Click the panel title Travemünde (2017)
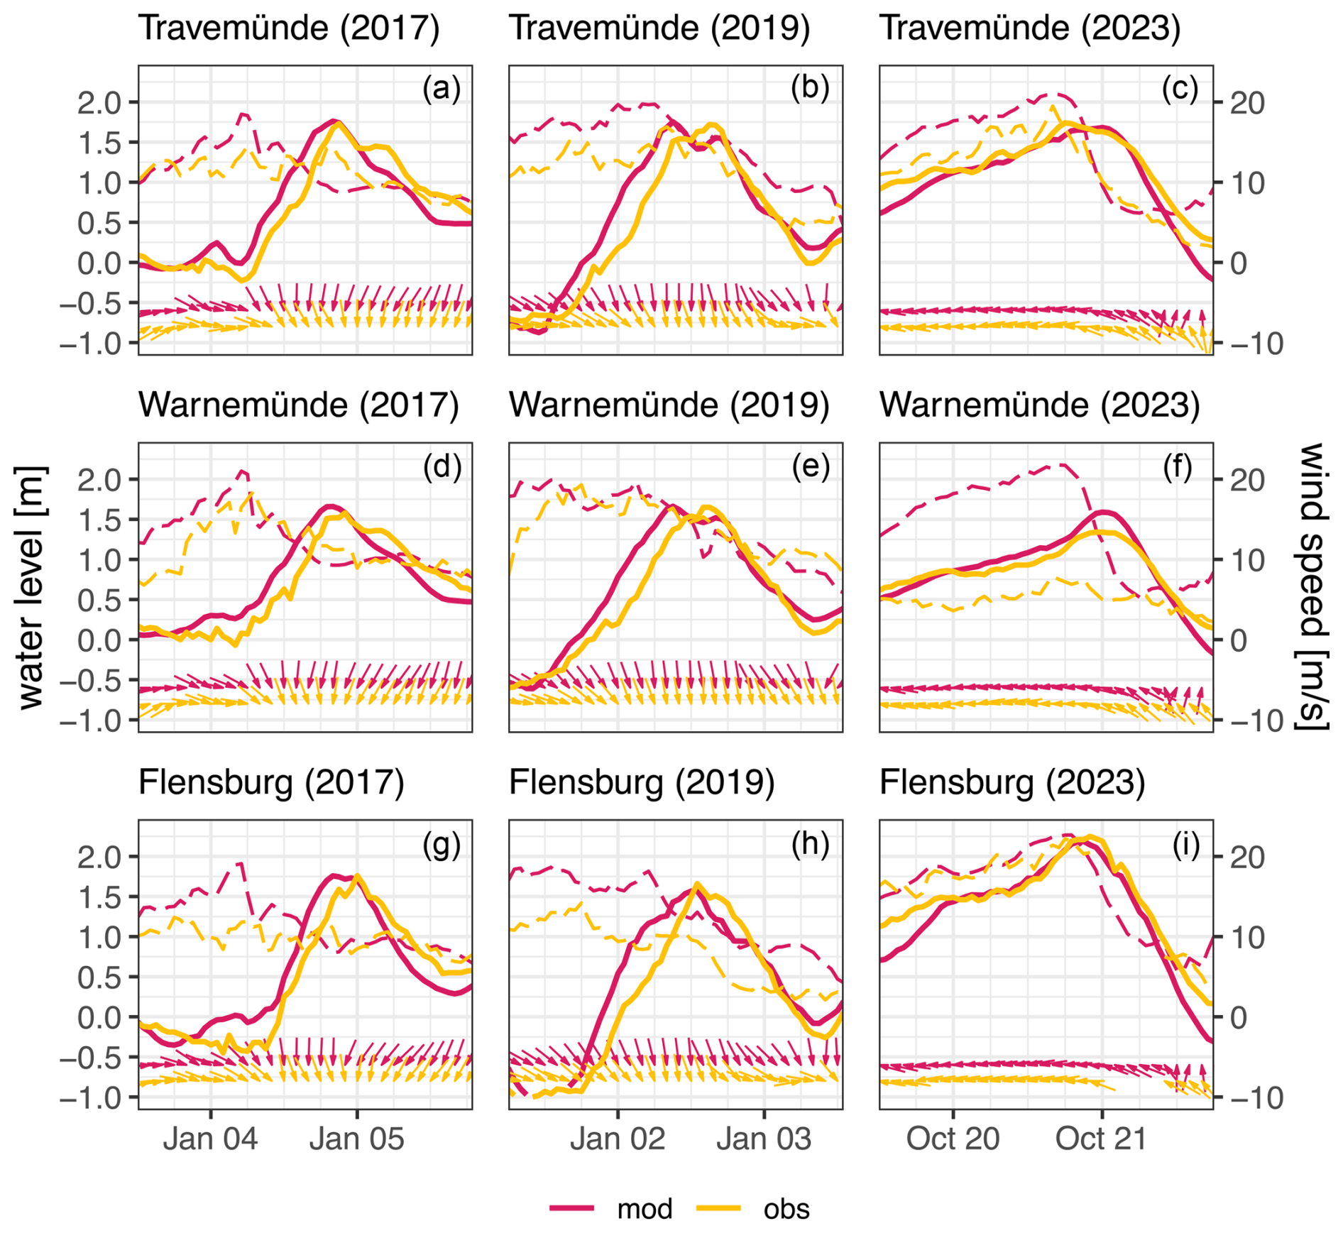click(289, 28)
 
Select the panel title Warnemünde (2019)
click(669, 405)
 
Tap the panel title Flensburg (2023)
click(1012, 783)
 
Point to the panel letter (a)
click(442, 89)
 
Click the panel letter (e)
click(811, 466)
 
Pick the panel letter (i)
click(1185, 845)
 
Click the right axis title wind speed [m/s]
click(1312, 587)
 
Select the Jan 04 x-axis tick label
click(210, 1139)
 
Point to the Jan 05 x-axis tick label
click(356, 1139)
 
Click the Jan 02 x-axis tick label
click(618, 1139)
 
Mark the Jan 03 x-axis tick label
click(764, 1139)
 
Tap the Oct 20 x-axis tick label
click(953, 1139)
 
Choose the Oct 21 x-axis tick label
click(1102, 1139)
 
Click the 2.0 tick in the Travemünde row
click(99, 104)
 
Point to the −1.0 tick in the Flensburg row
click(90, 1099)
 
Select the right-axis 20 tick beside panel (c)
click(1247, 104)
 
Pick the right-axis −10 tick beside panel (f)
click(1256, 722)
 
